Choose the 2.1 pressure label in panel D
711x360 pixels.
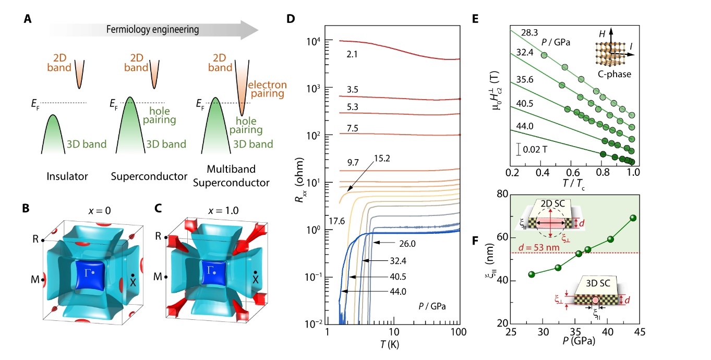351,54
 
